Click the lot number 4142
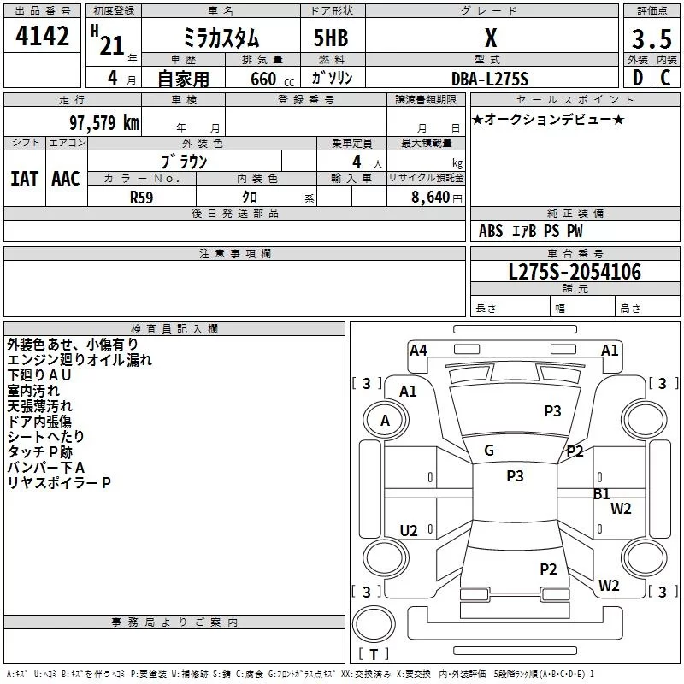43,38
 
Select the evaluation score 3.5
652,40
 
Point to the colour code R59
141,196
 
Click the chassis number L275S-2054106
575,272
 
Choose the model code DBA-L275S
490,79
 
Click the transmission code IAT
24,178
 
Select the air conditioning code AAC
65,178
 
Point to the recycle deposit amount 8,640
431,197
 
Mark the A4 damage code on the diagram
418,350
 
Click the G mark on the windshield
489,451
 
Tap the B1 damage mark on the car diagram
602,493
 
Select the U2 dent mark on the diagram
409,531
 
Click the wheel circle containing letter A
385,420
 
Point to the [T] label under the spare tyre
374,654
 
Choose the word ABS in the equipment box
491,231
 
